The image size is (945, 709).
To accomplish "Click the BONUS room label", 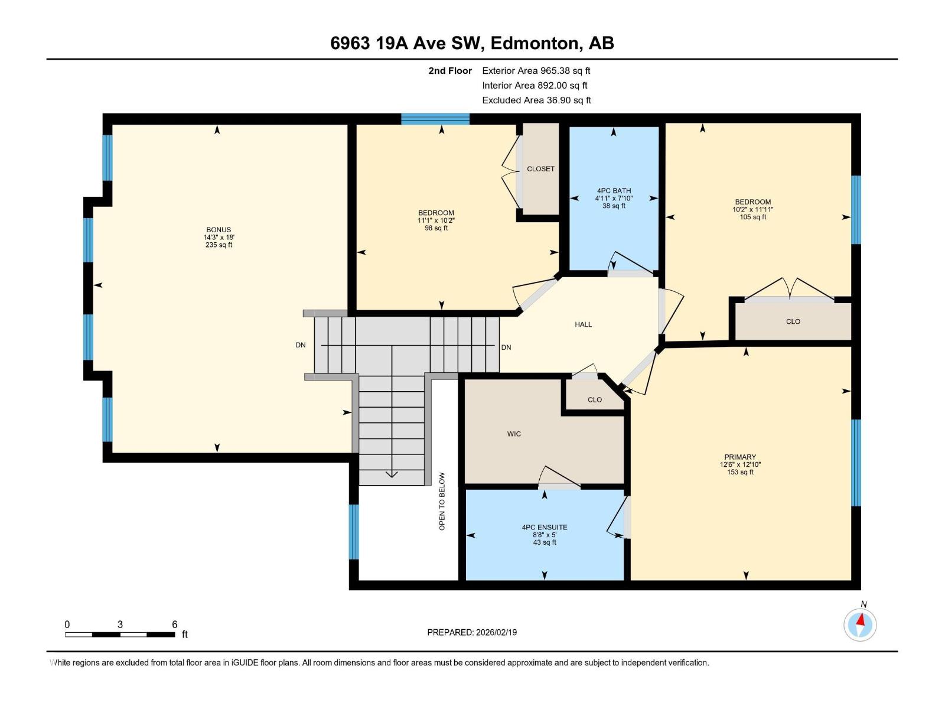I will pyautogui.click(x=219, y=230).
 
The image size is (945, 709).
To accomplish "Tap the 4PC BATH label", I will pyautogui.click(x=614, y=191).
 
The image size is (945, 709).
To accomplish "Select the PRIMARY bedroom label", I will pyautogui.click(x=740, y=457).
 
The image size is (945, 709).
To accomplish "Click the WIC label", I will pyautogui.click(x=514, y=434).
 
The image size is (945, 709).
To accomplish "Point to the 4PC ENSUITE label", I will pyautogui.click(x=545, y=527).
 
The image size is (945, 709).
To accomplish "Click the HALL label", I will pyautogui.click(x=583, y=324).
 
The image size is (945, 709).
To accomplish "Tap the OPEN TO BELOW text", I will pyautogui.click(x=442, y=500).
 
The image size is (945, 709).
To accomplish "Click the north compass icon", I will pyautogui.click(x=860, y=624).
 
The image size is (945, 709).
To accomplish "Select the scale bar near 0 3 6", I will pyautogui.click(x=120, y=635).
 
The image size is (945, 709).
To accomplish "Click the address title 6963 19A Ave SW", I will pyautogui.click(x=472, y=43).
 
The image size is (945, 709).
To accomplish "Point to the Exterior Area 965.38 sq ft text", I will pyautogui.click(x=536, y=70).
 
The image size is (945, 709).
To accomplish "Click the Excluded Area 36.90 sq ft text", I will pyautogui.click(x=536, y=100).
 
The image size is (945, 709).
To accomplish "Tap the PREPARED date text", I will pyautogui.click(x=472, y=632).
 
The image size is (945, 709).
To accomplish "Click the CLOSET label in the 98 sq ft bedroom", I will pyautogui.click(x=540, y=169).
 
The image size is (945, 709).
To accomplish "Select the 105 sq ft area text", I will pyautogui.click(x=752, y=217).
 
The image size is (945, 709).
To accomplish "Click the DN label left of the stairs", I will pyautogui.click(x=301, y=345).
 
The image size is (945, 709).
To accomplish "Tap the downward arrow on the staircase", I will pyautogui.click(x=392, y=474).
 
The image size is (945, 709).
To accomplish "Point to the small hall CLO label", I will pyautogui.click(x=595, y=400).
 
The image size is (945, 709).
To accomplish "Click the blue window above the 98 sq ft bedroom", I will pyautogui.click(x=435, y=119).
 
